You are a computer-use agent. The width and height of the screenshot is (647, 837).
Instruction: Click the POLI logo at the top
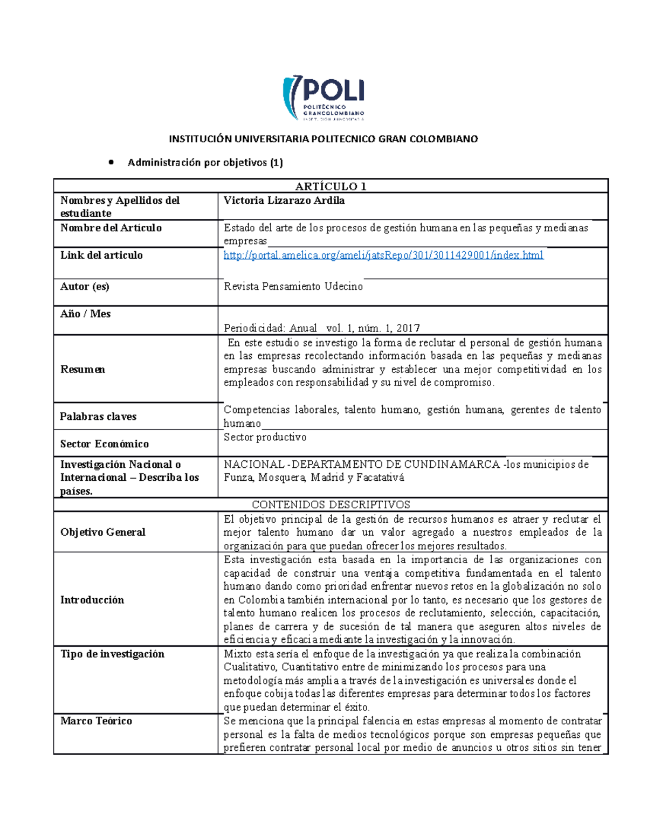click(x=323, y=98)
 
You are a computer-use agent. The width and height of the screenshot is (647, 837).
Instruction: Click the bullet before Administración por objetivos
click(x=112, y=162)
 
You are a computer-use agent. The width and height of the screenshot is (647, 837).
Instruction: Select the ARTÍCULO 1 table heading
click(x=331, y=186)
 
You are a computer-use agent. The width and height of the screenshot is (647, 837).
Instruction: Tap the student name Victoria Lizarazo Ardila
click(x=284, y=200)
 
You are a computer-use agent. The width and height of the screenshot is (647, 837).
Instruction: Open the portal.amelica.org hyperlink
click(x=383, y=255)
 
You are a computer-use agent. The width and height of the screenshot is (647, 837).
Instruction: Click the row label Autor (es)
click(x=85, y=287)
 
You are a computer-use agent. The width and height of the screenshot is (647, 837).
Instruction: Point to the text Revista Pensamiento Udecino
click(x=293, y=287)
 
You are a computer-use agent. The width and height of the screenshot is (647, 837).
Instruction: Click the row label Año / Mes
click(x=85, y=314)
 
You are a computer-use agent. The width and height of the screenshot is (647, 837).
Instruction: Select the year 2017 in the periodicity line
click(x=408, y=328)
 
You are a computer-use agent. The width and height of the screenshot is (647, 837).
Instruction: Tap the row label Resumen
click(x=82, y=369)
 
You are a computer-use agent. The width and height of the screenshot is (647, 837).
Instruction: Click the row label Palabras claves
click(x=98, y=417)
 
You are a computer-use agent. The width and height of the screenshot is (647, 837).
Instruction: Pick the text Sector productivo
click(x=265, y=437)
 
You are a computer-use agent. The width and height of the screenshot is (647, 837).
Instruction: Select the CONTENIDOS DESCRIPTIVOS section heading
click(x=331, y=504)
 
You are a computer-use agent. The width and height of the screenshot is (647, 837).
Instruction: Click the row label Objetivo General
click(x=102, y=532)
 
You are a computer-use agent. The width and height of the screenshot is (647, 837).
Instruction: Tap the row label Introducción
click(x=92, y=600)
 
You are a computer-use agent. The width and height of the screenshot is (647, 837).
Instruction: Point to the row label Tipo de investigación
click(x=112, y=654)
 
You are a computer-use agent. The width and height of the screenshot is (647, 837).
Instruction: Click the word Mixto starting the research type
click(x=238, y=654)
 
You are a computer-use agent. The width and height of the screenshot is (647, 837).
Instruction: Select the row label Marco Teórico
click(x=96, y=721)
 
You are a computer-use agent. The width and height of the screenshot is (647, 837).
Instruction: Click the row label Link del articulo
click(x=101, y=255)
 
